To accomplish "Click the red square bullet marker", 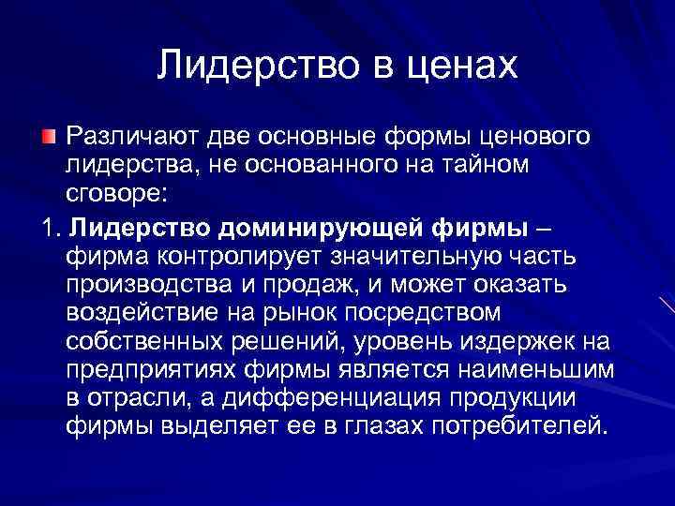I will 49,139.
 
